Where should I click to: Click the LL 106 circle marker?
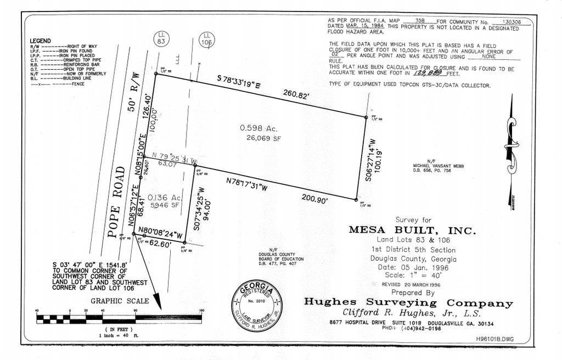pos(207,39)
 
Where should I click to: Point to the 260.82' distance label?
pos(296,95)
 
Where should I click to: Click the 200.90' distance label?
pos(314,199)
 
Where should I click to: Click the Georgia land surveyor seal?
pos(257,306)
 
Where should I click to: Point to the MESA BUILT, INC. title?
pos(412,230)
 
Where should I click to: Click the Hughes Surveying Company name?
pos(408,303)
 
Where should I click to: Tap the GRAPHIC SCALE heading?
pos(120,301)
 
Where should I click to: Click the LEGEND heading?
pos(41,41)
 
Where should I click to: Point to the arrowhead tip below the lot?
pos(158,308)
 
